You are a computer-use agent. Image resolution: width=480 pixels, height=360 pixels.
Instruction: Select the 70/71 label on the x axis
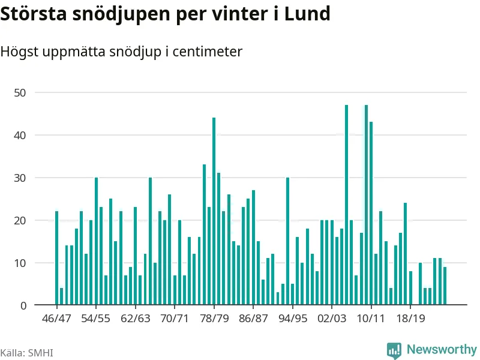click(175, 318)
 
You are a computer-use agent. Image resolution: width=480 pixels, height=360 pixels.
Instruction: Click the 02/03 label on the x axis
click(332, 318)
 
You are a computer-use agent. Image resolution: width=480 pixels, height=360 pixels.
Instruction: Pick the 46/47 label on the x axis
click(56, 318)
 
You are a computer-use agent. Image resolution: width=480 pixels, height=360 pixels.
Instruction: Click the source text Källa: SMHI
click(26, 352)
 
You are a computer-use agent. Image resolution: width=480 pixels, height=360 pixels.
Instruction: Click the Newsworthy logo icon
click(394, 350)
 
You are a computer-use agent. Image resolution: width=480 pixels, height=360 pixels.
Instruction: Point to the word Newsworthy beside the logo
click(442, 349)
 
